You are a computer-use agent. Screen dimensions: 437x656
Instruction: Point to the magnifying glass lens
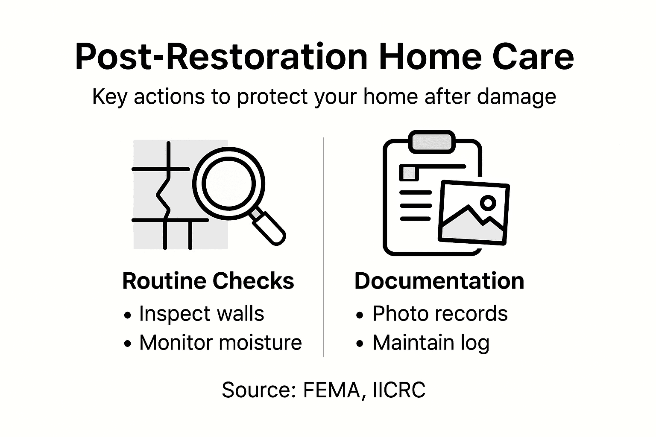pyautogui.click(x=228, y=184)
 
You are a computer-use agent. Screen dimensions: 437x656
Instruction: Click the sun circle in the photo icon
pyautogui.click(x=488, y=202)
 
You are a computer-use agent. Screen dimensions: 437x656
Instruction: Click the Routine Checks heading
pyautogui.click(x=208, y=281)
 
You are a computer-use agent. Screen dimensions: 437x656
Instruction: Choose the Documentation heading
pyautogui.click(x=439, y=281)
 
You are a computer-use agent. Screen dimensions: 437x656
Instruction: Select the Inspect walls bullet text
pyautogui.click(x=201, y=314)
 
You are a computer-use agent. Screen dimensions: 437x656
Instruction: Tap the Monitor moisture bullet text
pyautogui.click(x=220, y=343)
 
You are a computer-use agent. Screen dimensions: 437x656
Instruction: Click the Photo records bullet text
pyautogui.click(x=440, y=314)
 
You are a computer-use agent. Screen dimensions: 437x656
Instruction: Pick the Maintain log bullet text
pyautogui.click(x=430, y=343)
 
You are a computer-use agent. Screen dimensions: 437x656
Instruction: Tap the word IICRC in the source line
pyautogui.click(x=399, y=390)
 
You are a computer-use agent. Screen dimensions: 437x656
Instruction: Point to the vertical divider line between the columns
pyautogui.click(x=324, y=248)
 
